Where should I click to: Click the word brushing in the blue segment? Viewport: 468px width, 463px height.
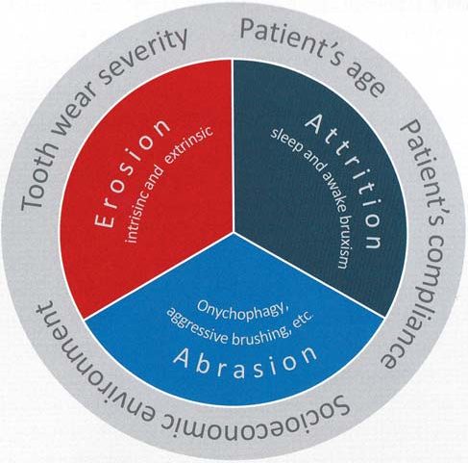pos(260,335)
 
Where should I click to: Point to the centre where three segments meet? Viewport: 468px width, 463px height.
pos(234,232)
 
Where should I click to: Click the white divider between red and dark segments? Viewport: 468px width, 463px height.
pos(233,145)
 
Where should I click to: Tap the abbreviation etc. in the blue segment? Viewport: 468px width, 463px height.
pos(303,321)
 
